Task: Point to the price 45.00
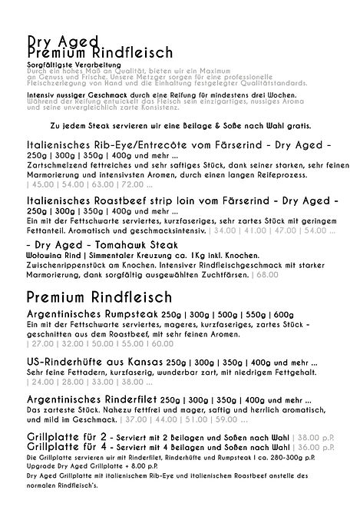coord(35,185)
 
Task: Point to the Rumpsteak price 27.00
coord(35,346)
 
